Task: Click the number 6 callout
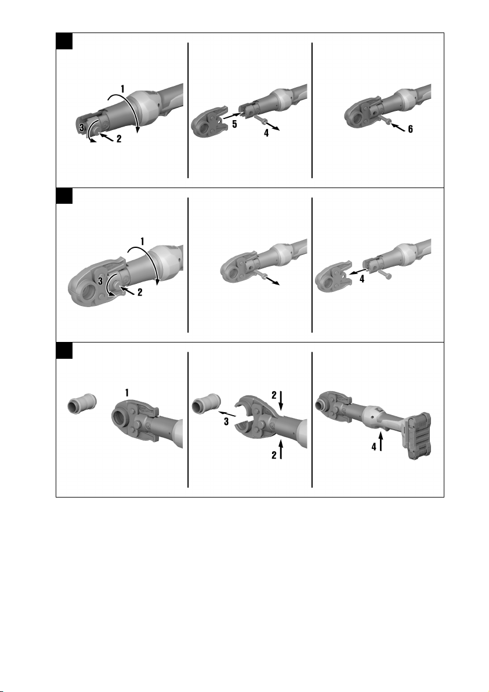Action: [410, 129]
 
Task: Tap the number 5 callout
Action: [234, 124]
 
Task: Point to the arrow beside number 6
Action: [398, 128]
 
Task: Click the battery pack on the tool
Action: [418, 436]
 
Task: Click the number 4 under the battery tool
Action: [374, 447]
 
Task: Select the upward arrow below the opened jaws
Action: [281, 450]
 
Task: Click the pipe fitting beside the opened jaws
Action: [207, 404]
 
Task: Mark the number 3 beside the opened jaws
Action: [226, 422]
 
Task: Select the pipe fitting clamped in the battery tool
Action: [324, 402]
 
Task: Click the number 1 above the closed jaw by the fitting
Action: [127, 393]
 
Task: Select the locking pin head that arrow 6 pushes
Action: [388, 123]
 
